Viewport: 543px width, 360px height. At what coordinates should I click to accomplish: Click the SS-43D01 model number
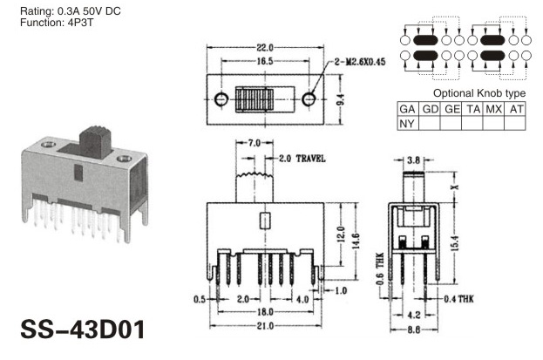[x=83, y=329]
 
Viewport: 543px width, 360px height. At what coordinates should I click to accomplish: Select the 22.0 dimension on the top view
[x=265, y=47]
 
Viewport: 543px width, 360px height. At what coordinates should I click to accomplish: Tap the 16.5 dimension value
[x=265, y=61]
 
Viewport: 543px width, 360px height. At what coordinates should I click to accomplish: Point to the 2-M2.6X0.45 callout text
[x=360, y=62]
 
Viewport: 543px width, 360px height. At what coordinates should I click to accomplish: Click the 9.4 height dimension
[x=341, y=99]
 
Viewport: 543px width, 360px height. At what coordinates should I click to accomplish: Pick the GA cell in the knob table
[x=407, y=109]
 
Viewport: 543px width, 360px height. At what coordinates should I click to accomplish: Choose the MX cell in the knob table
[x=493, y=109]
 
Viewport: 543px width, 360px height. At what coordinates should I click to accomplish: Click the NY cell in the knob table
[x=407, y=124]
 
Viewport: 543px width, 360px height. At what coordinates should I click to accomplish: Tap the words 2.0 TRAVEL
[x=302, y=159]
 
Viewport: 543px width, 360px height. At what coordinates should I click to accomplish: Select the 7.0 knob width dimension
[x=254, y=143]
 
